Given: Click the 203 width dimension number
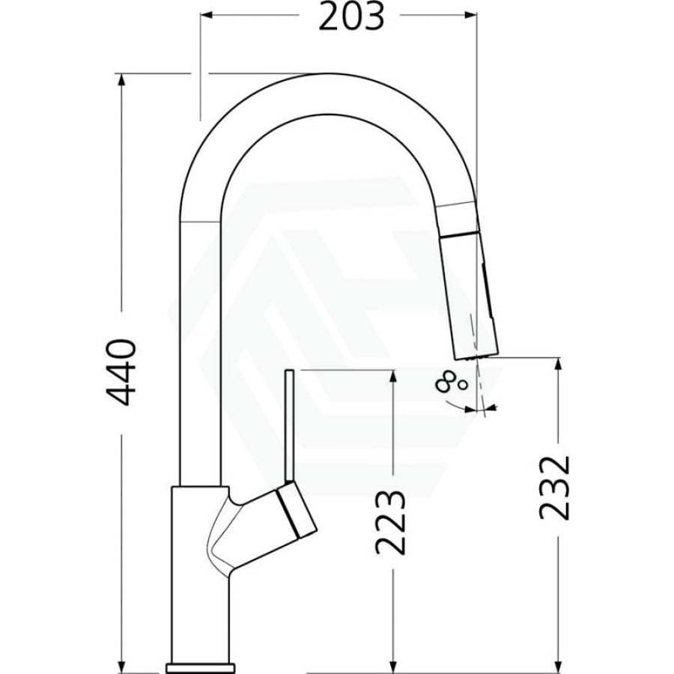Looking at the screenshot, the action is point(350,16).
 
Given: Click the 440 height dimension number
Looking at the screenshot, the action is point(121,372).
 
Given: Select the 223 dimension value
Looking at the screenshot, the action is point(390,521).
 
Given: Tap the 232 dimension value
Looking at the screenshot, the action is point(554,488).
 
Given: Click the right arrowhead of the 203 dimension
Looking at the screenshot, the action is point(471,16).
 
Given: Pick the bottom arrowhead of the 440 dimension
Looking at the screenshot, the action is point(122,667).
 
